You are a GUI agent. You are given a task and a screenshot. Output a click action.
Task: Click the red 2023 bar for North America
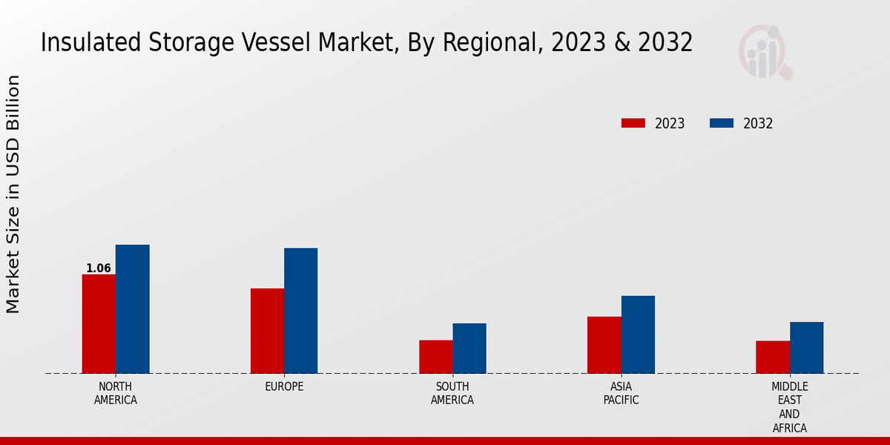click(x=99, y=324)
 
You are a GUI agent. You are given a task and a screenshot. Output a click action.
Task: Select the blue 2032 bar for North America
click(x=132, y=309)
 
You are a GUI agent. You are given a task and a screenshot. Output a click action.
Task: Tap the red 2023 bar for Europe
click(x=267, y=331)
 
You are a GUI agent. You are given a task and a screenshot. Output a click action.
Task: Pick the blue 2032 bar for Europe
click(x=300, y=311)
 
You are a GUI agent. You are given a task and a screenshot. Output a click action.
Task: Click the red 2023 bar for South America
click(x=435, y=357)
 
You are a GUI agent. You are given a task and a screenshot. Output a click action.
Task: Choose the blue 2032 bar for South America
click(x=469, y=349)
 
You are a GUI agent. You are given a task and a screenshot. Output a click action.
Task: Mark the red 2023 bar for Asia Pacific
click(x=604, y=345)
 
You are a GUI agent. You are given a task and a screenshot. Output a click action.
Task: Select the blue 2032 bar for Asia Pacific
click(x=638, y=334)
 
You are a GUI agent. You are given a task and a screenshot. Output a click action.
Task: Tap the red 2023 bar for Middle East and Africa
click(x=773, y=357)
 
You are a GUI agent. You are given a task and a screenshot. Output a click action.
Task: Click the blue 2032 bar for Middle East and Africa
click(x=806, y=348)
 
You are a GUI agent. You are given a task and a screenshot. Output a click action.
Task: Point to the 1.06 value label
click(x=99, y=268)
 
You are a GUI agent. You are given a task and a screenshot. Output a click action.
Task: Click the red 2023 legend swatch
click(x=633, y=123)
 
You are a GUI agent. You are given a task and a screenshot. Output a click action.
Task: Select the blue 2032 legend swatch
click(x=721, y=123)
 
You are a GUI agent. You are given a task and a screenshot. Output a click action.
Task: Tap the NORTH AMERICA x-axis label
click(x=116, y=393)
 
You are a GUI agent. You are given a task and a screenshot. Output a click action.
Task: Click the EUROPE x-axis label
click(x=284, y=386)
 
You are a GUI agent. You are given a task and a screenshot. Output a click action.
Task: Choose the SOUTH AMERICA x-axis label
click(x=452, y=393)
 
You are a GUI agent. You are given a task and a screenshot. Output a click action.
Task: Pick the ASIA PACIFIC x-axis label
click(x=621, y=393)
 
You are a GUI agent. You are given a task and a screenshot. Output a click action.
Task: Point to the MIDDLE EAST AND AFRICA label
click(x=789, y=407)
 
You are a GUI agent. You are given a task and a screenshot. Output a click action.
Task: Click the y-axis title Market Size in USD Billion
click(x=13, y=194)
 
